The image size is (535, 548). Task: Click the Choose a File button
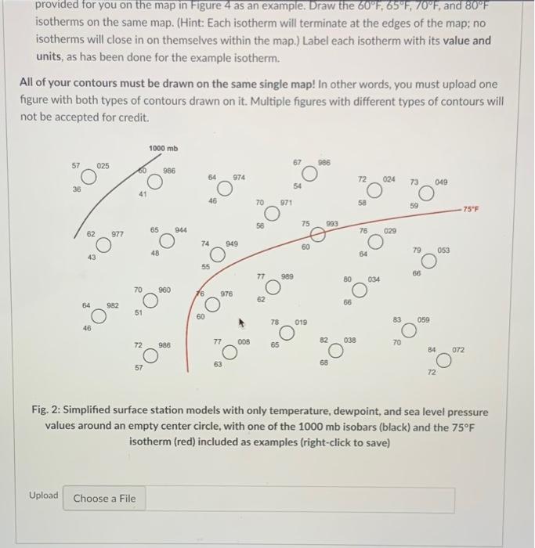pyautogui.click(x=105, y=499)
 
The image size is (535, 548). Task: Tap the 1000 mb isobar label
pyautogui.click(x=162, y=148)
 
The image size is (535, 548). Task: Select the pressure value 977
pyautogui.click(x=117, y=233)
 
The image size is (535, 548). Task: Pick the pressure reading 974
pyautogui.click(x=239, y=178)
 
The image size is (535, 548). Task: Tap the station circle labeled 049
pyautogui.click(x=426, y=193)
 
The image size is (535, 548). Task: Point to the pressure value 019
pyautogui.click(x=302, y=322)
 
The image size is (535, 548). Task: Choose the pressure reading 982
pyautogui.click(x=113, y=305)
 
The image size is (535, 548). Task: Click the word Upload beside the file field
pyautogui.click(x=43, y=496)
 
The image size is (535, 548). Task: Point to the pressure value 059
pyautogui.click(x=424, y=319)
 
